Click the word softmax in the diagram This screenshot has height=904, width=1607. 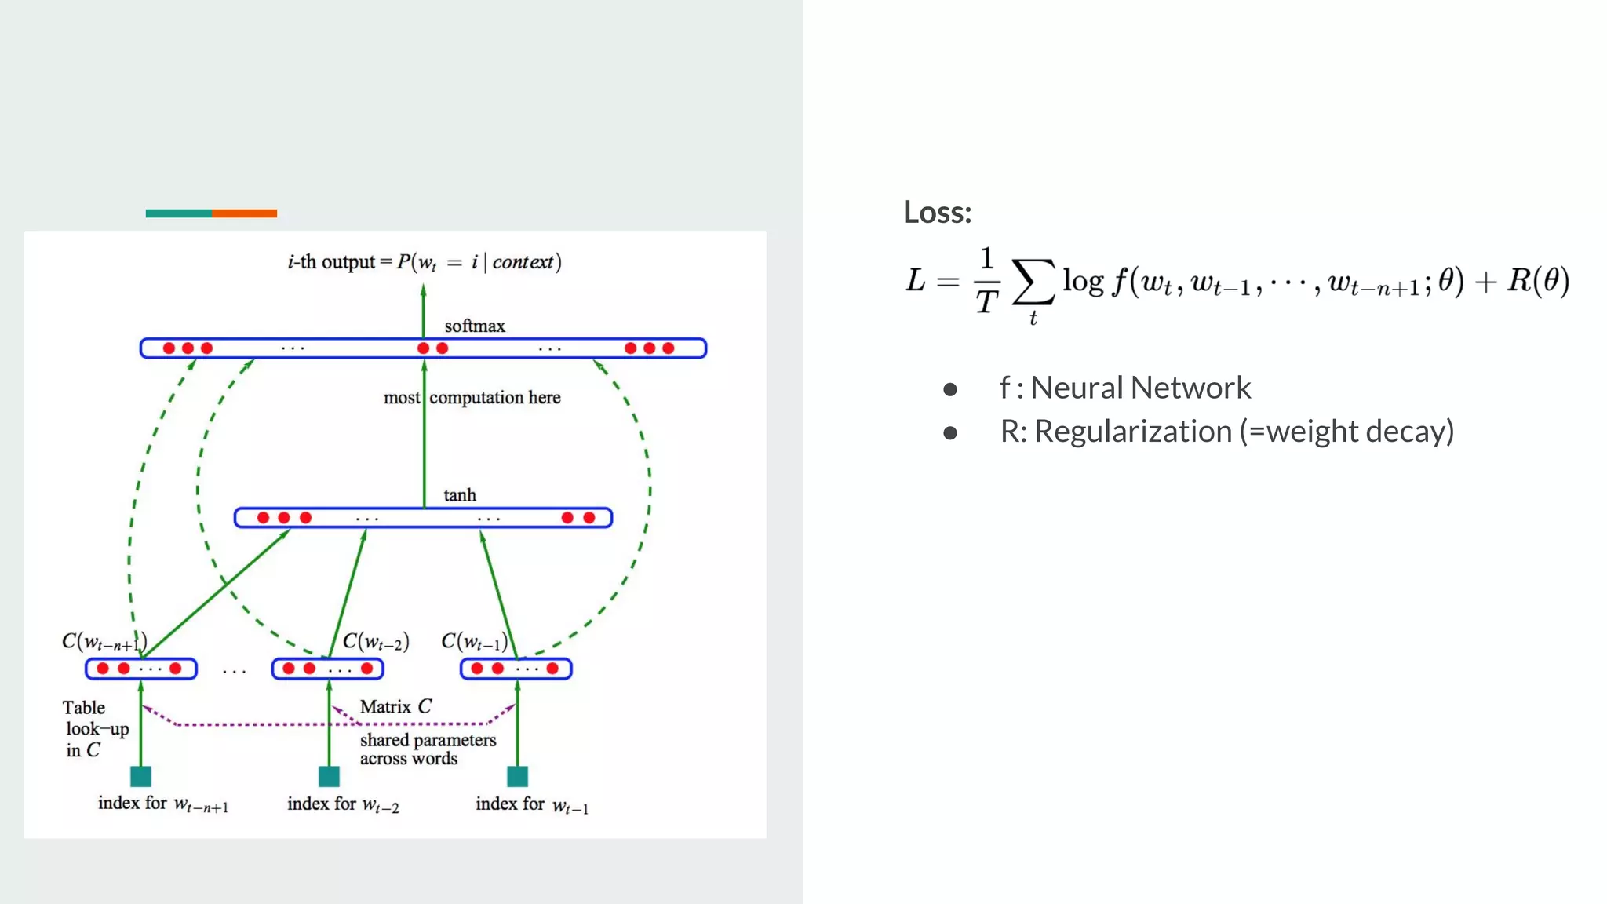click(x=474, y=326)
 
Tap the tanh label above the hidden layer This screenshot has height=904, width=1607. click(x=459, y=495)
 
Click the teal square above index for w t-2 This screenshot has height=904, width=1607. click(x=329, y=776)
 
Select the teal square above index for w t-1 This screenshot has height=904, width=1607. click(x=517, y=776)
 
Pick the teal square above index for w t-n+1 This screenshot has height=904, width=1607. click(x=140, y=776)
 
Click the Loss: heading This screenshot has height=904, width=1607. click(x=937, y=213)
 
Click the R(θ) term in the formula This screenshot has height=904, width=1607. click(x=1537, y=280)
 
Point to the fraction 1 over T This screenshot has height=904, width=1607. click(x=986, y=280)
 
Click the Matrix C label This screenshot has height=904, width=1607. click(x=395, y=706)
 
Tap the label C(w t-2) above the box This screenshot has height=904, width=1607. click(x=376, y=642)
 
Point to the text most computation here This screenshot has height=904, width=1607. click(x=472, y=398)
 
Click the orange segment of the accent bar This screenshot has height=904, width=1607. click(x=244, y=213)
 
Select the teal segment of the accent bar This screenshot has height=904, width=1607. click(x=178, y=213)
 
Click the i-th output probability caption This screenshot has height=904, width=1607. click(x=424, y=262)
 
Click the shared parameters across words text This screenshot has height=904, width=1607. click(x=427, y=749)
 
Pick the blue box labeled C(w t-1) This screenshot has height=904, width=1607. click(x=516, y=669)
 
